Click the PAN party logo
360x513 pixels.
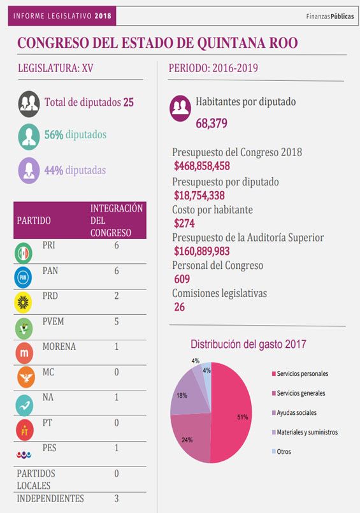coord(23,277)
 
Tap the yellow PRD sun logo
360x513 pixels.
coord(23,303)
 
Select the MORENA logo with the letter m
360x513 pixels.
coord(24,353)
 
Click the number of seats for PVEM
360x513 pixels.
coord(117,321)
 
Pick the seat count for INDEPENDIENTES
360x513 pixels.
coord(117,498)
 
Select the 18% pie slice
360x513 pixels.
coord(187,396)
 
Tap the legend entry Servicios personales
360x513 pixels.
coord(300,373)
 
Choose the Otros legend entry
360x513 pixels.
coord(281,451)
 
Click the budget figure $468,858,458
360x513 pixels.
coord(202,166)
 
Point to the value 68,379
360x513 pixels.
coord(212,124)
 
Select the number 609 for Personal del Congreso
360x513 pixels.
coord(182,279)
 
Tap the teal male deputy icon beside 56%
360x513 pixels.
coord(29,136)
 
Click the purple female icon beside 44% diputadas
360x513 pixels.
coord(29,170)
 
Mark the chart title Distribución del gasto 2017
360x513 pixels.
coord(248,344)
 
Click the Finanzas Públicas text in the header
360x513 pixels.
coord(330,17)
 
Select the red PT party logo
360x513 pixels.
coord(24,430)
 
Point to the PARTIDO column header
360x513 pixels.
coord(34,220)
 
